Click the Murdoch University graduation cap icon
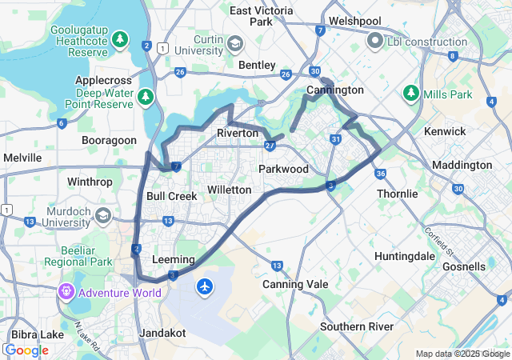click(x=103, y=215)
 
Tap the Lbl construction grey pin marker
click(x=374, y=40)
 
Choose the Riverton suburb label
click(x=238, y=133)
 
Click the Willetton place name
click(x=229, y=190)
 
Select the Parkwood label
click(x=283, y=169)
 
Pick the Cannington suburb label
click(x=334, y=90)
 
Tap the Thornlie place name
click(x=397, y=194)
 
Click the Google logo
click(x=26, y=350)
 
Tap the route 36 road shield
click(x=381, y=174)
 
